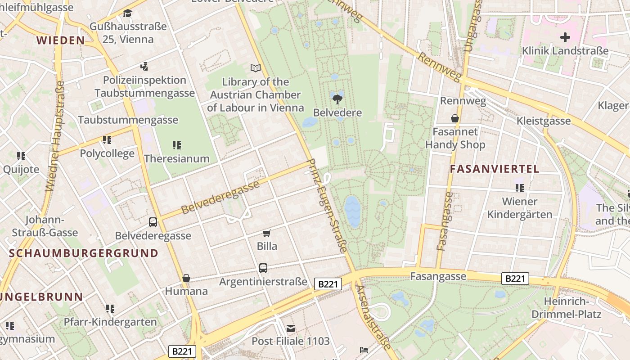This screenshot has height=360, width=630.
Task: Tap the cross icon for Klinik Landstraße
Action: coord(565,37)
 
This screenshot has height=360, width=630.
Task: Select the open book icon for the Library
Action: coord(256,68)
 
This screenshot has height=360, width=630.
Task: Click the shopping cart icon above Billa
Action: coord(267,233)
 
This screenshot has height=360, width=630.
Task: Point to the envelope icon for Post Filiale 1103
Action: coord(291,328)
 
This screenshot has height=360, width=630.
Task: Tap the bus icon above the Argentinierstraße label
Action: coord(263,268)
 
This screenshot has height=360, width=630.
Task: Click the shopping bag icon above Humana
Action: coord(186,278)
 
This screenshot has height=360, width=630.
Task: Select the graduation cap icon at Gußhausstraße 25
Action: coord(128,13)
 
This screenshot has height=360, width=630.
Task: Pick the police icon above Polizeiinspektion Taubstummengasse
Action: coord(144,67)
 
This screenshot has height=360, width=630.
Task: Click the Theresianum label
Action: coord(177,158)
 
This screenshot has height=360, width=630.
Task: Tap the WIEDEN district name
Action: coord(61,40)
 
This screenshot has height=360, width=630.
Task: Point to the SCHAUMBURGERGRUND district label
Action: coord(84,253)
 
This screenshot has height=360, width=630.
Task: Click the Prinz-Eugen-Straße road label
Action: coord(327,205)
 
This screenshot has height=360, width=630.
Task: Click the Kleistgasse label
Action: coord(544,121)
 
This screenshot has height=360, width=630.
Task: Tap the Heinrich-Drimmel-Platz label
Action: coord(566,308)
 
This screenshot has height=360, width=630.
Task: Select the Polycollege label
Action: coord(107,153)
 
